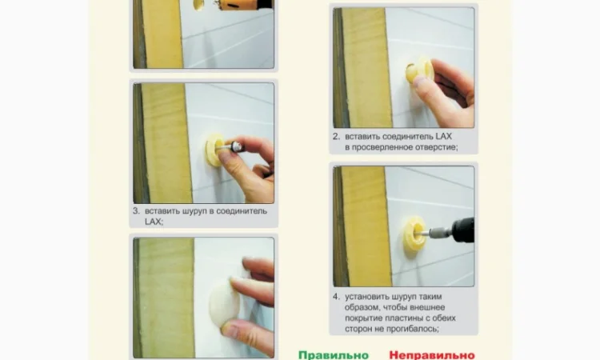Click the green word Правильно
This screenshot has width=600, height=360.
334,355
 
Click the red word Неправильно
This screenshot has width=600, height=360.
432,355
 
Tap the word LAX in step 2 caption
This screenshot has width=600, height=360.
443,136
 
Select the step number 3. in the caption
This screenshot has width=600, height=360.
136,210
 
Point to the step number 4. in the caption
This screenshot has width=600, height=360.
336,297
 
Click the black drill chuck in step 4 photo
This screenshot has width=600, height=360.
463,230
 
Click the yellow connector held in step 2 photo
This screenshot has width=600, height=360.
420,72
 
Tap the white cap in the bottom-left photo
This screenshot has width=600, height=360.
224,305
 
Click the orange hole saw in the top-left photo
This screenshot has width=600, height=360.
245,5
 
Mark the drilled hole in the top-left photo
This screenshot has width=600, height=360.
198,5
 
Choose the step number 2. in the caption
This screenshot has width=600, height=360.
336,137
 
